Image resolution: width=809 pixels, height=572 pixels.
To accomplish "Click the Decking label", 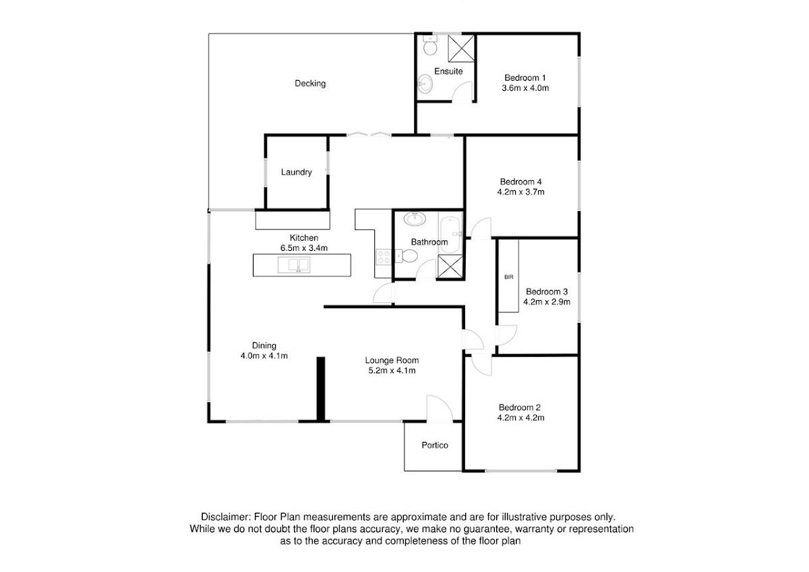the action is pyautogui.click(x=310, y=84).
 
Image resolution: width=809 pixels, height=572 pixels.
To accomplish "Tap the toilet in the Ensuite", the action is pyautogui.click(x=430, y=45).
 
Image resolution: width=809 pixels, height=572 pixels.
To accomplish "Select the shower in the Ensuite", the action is pyautogui.click(x=461, y=48).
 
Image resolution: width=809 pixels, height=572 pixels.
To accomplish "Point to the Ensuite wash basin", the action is pyautogui.click(x=425, y=84).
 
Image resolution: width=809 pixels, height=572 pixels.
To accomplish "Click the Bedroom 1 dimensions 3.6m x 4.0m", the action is pyautogui.click(x=525, y=88).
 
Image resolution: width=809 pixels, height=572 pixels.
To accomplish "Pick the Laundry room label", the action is pyautogui.click(x=296, y=172).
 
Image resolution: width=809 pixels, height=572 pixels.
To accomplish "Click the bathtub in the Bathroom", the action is pyautogui.click(x=450, y=233).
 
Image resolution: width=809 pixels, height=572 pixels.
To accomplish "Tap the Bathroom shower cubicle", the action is pyautogui.click(x=450, y=266).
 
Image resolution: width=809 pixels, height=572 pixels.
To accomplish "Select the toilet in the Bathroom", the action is pyautogui.click(x=407, y=256).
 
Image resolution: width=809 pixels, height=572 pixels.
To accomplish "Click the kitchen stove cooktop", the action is pyautogui.click(x=384, y=257).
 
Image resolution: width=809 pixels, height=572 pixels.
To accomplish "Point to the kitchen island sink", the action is pyautogui.click(x=294, y=265).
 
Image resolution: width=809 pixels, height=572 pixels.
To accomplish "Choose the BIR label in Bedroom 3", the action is pyautogui.click(x=508, y=277).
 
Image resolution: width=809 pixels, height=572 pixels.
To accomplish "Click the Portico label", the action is pyautogui.click(x=435, y=445).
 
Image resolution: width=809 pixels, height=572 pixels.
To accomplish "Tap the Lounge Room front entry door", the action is pyautogui.click(x=440, y=408).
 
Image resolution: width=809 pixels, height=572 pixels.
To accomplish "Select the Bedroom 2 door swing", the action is pyautogui.click(x=481, y=365).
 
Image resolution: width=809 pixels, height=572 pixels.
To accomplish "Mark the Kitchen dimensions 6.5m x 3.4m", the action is pyautogui.click(x=304, y=248).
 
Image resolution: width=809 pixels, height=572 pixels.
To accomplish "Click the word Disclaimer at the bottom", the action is pyautogui.click(x=225, y=517).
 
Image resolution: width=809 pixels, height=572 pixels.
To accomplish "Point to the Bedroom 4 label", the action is pyautogui.click(x=520, y=181).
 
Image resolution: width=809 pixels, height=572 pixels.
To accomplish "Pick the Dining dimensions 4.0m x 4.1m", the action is pyautogui.click(x=264, y=356).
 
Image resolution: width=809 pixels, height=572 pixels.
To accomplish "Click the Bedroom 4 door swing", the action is pyautogui.click(x=481, y=228).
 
